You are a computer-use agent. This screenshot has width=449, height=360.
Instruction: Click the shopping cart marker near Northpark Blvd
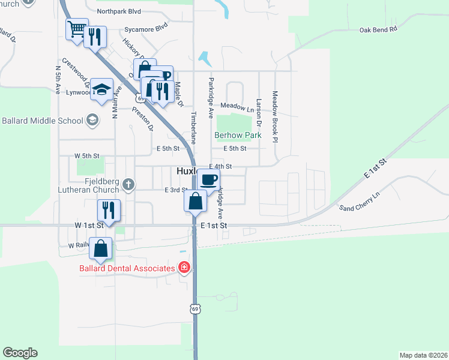point(76,29)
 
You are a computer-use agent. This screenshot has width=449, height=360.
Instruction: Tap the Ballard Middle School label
point(43,121)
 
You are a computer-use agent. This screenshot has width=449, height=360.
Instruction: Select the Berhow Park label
point(238,136)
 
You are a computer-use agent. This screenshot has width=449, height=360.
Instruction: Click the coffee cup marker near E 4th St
point(208,179)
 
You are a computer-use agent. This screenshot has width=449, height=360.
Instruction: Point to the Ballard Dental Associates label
point(127,268)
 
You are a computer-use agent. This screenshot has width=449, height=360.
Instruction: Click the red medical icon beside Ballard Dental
point(185,268)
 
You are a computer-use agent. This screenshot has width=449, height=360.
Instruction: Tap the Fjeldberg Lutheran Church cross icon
point(127,183)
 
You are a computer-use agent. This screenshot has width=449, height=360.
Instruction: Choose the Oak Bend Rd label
point(378,29)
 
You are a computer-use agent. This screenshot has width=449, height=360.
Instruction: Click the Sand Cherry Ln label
point(360,202)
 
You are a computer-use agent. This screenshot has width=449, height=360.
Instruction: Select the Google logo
point(20,353)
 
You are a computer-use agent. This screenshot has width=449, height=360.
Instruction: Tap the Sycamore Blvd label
point(145,28)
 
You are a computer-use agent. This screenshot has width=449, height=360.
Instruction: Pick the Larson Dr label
point(259,112)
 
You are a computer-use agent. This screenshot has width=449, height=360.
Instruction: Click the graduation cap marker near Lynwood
point(102,90)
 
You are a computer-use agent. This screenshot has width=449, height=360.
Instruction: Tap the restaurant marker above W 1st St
point(109,209)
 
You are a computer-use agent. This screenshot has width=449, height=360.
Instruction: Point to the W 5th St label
point(86,156)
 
